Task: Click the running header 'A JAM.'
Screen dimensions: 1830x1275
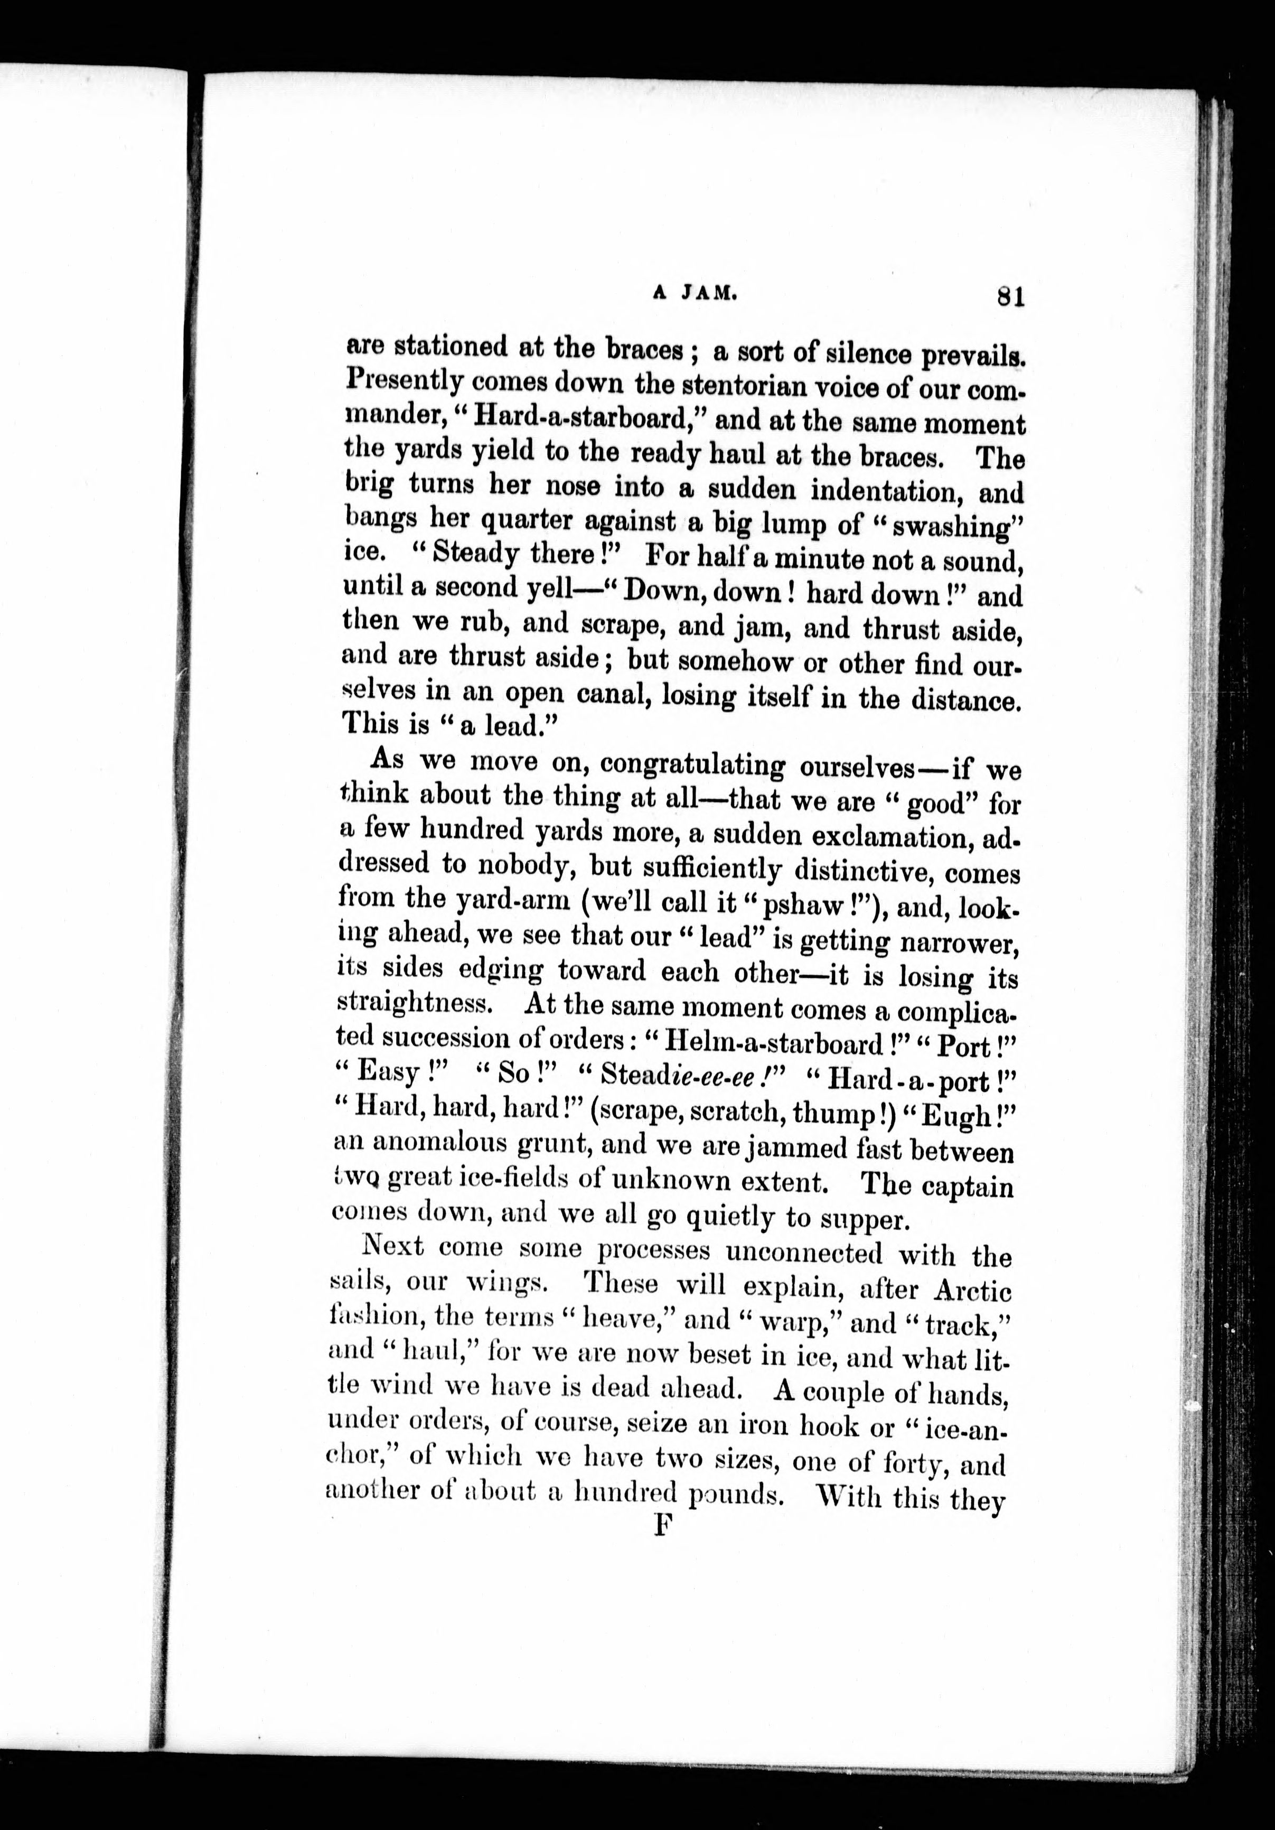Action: tap(693, 293)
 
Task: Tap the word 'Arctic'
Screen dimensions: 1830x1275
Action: tap(972, 1290)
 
